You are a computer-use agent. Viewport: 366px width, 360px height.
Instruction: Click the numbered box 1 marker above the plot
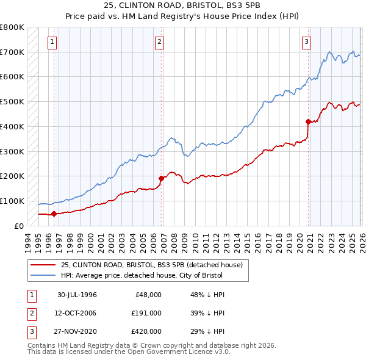[x=52, y=42]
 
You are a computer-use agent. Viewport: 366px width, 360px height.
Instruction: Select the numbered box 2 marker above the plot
[x=159, y=42]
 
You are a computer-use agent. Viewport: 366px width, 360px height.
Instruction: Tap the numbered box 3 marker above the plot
[x=306, y=42]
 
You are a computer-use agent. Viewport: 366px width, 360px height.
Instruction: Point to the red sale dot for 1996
[x=54, y=214]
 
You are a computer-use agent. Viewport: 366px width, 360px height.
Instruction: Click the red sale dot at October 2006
[x=162, y=178]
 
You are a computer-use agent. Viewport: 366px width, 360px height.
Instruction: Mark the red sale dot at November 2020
[x=309, y=121]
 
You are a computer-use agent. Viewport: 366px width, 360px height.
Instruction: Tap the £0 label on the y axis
[x=18, y=226]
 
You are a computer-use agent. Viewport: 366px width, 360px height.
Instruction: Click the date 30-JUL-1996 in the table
[x=77, y=294]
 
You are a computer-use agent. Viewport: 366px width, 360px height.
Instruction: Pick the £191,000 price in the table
[x=146, y=312]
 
